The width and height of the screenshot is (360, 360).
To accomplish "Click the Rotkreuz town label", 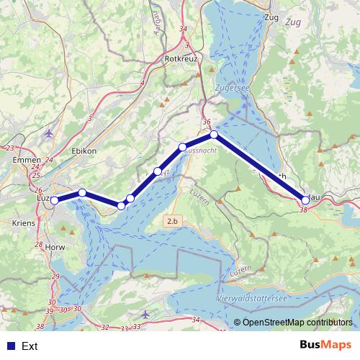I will tap(180, 58).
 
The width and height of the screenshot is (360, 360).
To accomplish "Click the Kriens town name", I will tap(24, 224).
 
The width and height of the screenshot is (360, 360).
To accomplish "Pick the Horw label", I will tap(34, 246).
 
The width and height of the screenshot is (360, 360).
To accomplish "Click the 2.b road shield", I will tap(172, 221).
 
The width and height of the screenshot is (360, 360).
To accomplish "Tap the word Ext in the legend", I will tap(30, 346).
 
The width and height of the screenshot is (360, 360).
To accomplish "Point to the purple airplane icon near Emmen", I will tap(48, 133).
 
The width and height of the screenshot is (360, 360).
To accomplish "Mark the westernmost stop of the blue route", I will tap(54, 201).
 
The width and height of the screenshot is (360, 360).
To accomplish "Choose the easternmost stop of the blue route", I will tap(305, 199).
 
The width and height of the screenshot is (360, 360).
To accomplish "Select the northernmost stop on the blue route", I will tap(214, 135).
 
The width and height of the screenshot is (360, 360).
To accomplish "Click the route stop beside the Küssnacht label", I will tap(183, 147).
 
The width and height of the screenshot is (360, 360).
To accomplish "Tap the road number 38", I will tap(303, 210).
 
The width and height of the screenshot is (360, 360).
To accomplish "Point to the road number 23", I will tap(10, 148).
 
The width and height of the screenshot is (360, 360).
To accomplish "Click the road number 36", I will tap(207, 122).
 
